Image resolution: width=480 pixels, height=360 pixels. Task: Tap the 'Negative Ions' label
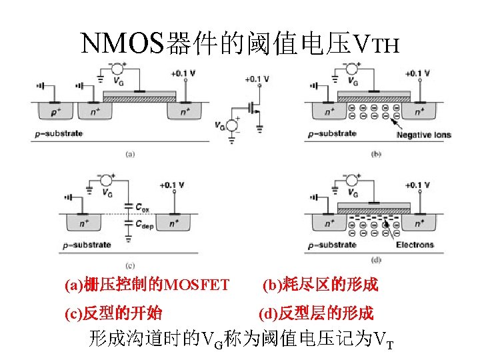[x=423, y=135]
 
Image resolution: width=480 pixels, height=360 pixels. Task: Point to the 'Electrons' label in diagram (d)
[x=415, y=245]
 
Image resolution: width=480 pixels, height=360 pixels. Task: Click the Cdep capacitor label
[x=144, y=226]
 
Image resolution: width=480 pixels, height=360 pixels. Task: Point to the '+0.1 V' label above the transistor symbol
[x=257, y=79]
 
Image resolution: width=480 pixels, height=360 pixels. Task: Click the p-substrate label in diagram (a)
[x=59, y=134]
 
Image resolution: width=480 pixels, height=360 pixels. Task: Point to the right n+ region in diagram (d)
[x=421, y=222]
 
